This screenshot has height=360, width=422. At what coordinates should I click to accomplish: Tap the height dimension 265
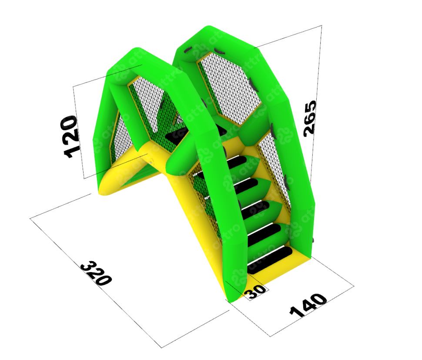point(310,118)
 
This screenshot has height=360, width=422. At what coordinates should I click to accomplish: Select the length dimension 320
point(96,273)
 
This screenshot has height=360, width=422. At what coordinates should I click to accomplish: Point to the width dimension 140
point(308,305)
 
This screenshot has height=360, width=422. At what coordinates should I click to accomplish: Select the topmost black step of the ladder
point(237,162)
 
